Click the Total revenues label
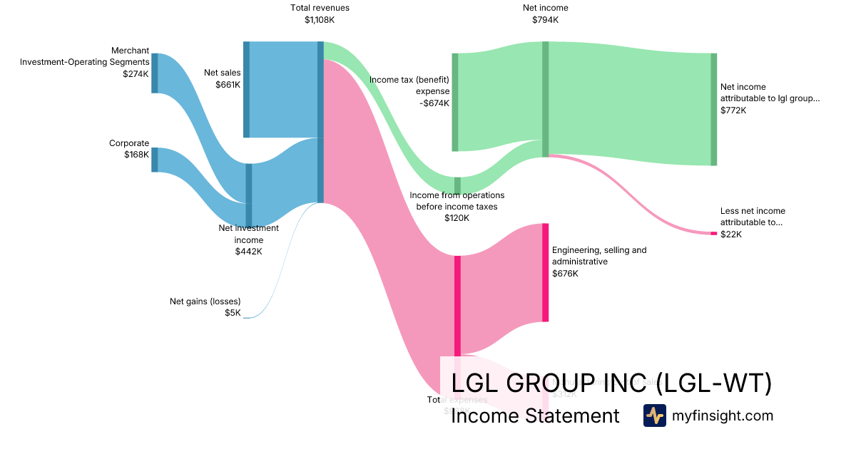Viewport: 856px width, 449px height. coord(320,8)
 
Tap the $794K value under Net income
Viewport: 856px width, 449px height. coord(545,20)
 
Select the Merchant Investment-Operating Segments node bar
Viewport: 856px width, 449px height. coord(154,73)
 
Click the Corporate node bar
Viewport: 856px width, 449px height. coord(154,160)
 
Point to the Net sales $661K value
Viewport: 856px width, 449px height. coord(228,84)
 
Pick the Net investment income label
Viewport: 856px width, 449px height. coord(248,234)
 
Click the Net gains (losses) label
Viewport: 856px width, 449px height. coord(205,301)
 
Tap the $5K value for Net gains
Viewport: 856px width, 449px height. coord(233,312)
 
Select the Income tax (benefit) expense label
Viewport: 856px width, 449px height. coord(409,86)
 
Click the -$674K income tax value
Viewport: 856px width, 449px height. coord(434,103)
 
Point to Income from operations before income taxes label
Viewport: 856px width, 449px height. coord(457,201)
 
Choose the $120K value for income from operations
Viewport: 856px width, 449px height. coord(457,218)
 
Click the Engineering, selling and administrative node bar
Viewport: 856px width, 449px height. coord(545,272)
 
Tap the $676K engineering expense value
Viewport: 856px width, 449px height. coord(564,273)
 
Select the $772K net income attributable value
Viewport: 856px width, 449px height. coord(733,110)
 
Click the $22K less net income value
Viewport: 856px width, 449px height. coord(730,234)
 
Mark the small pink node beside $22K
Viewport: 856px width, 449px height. coord(713,233)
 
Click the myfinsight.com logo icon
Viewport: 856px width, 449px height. coord(654,416)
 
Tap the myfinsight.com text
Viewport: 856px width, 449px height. coord(722,416)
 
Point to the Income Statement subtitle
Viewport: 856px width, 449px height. coord(535,416)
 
